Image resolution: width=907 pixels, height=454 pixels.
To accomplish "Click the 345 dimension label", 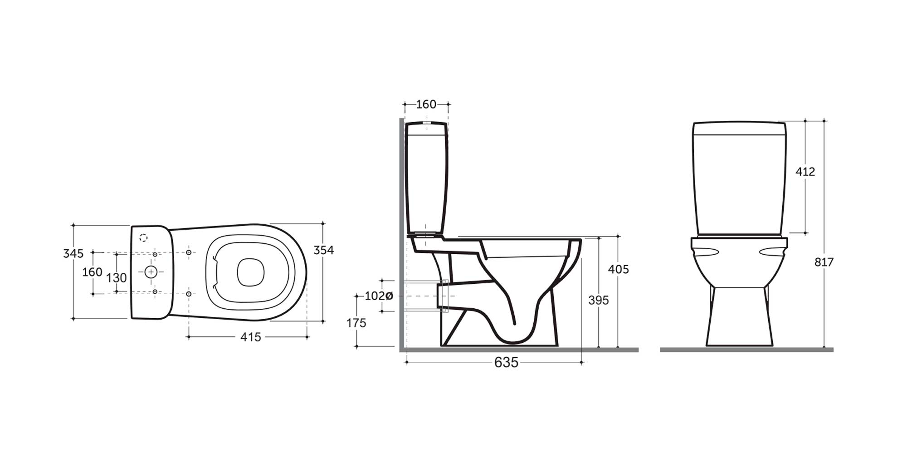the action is (x=73, y=253).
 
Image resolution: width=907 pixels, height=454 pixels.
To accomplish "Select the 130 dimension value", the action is (x=116, y=277).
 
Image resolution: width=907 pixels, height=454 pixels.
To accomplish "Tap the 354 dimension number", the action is (x=324, y=250).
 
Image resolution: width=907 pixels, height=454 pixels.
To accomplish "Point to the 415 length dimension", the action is (x=251, y=337).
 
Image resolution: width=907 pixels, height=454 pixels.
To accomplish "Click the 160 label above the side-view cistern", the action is (x=426, y=104).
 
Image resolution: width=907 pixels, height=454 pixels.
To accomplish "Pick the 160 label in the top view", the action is (x=92, y=272).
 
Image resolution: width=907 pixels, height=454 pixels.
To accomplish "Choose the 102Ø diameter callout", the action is (x=379, y=296).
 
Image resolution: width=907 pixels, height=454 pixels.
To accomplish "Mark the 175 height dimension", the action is (x=356, y=323).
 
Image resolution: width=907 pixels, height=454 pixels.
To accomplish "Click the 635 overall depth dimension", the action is (x=506, y=362).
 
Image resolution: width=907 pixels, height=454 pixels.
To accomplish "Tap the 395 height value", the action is (x=599, y=300).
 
